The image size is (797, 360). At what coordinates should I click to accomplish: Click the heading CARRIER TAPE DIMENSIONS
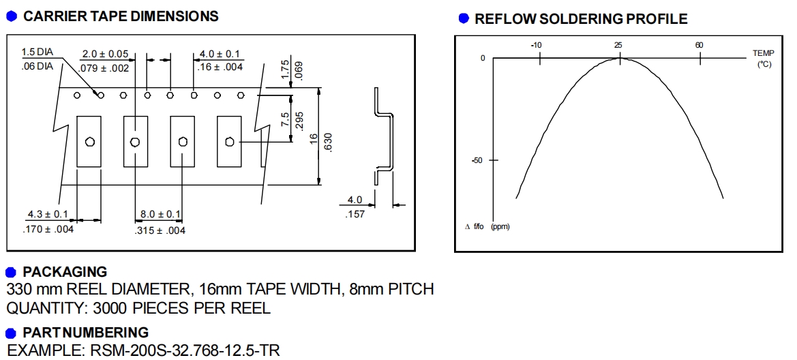click(121, 16)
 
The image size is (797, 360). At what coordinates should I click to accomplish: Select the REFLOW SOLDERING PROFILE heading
click(581, 19)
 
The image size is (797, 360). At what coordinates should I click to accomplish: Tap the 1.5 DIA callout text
click(36, 52)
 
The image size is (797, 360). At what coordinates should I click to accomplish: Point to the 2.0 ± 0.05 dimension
click(105, 54)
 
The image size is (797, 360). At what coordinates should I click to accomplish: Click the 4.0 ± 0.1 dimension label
click(220, 54)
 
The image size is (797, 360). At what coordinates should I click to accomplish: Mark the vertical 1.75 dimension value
click(285, 70)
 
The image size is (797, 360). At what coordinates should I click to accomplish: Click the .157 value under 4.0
click(355, 214)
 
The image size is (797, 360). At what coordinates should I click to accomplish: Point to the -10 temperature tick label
click(537, 45)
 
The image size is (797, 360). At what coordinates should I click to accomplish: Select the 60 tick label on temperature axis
click(700, 45)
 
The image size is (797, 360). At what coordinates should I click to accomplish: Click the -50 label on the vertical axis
click(477, 160)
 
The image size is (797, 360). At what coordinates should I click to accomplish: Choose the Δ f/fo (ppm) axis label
click(487, 226)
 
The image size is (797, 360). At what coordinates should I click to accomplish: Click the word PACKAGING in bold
click(65, 273)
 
